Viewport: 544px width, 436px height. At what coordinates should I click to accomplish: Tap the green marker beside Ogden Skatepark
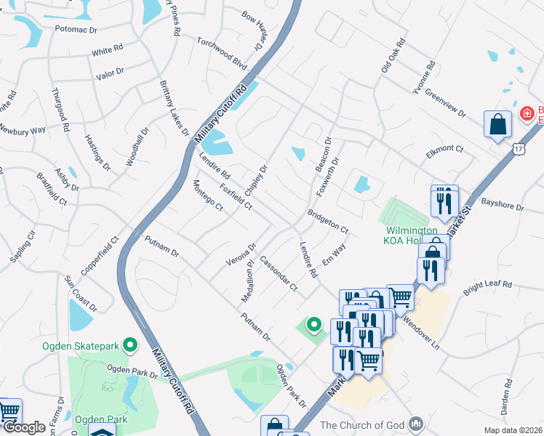130,344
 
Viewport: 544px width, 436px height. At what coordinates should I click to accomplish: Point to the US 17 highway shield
518,148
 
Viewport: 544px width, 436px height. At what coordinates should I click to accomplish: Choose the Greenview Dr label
444,102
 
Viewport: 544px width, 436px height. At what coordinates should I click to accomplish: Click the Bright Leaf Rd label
488,284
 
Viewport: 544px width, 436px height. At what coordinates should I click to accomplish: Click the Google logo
23,427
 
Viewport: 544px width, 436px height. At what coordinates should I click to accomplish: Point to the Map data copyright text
513,430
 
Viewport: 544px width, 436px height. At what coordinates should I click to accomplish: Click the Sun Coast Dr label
81,291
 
